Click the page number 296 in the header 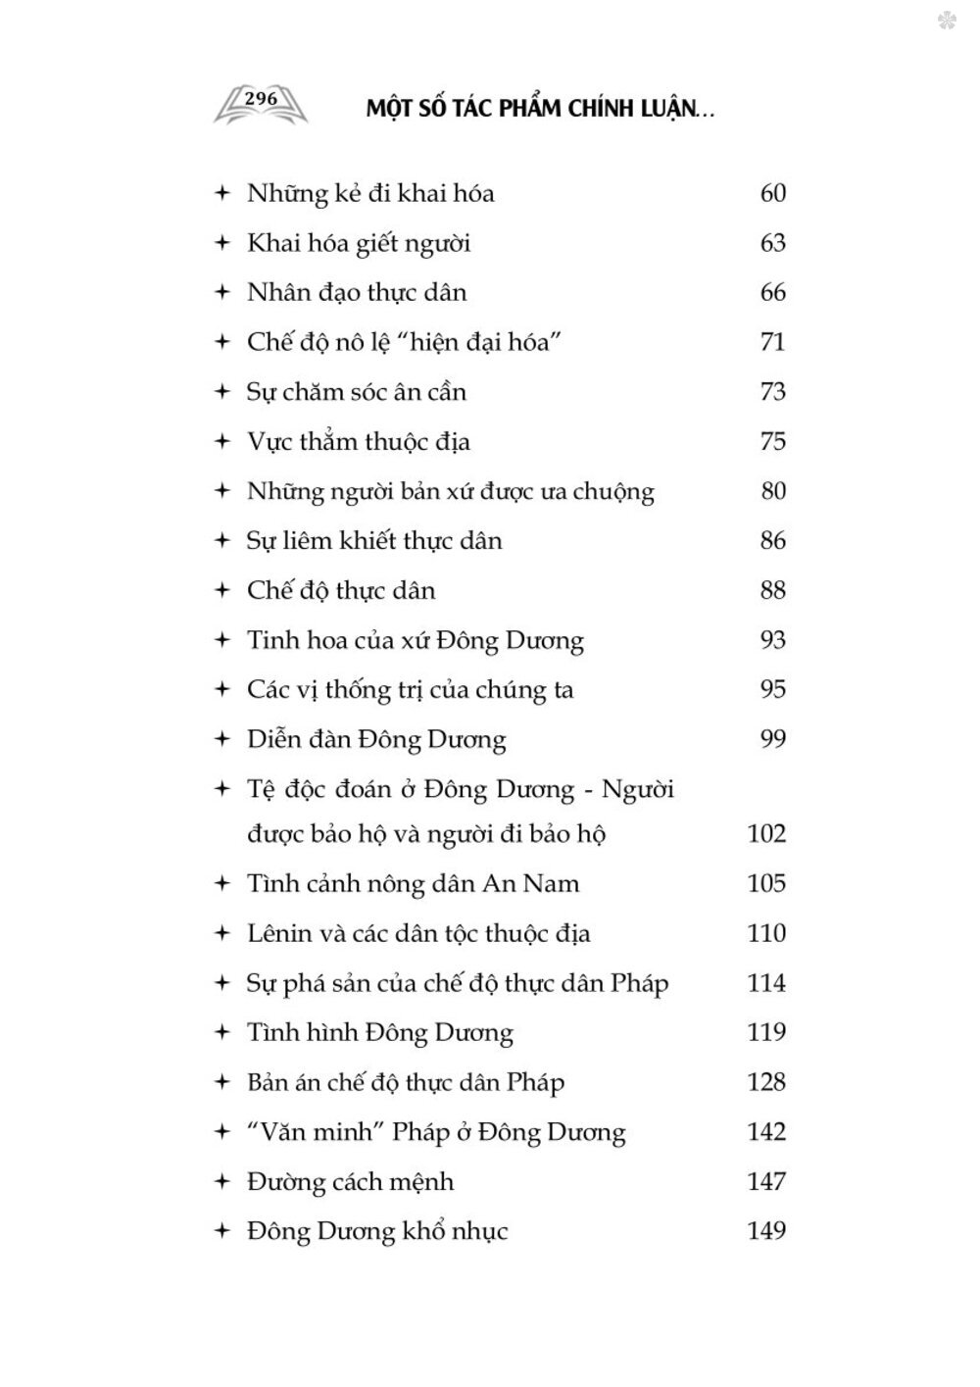(x=261, y=99)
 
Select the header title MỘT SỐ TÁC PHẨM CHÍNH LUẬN (x=540, y=109)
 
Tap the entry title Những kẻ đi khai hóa (x=370, y=193)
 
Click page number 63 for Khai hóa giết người (x=772, y=243)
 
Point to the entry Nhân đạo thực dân (x=357, y=292)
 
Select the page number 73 (x=772, y=392)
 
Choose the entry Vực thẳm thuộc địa (x=359, y=442)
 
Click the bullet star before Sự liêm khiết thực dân (x=222, y=541)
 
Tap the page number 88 (x=772, y=591)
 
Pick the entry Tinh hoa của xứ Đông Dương (x=416, y=641)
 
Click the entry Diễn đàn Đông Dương (x=376, y=740)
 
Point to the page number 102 (x=766, y=834)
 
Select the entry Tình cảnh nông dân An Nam (x=413, y=884)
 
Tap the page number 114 (x=766, y=983)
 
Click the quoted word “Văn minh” (x=314, y=1132)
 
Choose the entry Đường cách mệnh (x=350, y=1182)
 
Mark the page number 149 (x=766, y=1231)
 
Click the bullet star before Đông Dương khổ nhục (x=222, y=1231)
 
